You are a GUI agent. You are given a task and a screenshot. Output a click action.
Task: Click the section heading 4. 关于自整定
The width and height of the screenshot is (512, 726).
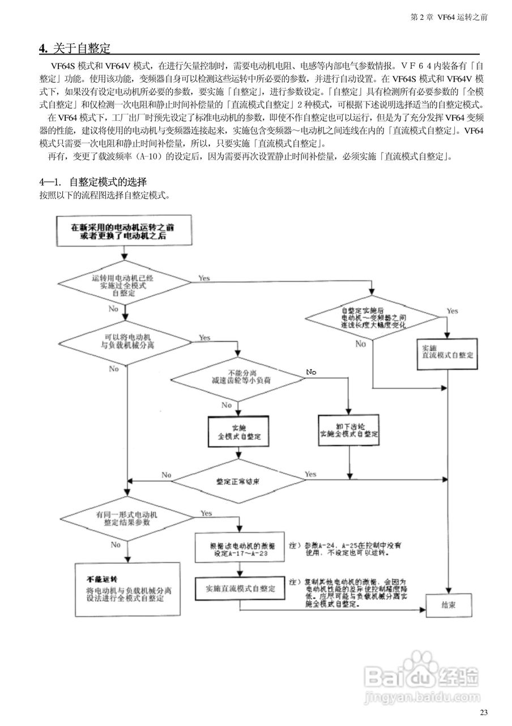tap(74, 48)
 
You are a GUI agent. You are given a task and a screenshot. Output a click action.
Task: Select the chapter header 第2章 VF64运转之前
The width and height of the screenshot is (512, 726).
tap(449, 18)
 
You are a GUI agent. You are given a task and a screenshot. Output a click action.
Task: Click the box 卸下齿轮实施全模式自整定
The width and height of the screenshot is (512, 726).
tap(349, 430)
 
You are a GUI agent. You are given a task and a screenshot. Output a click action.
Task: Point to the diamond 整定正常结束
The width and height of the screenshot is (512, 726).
tap(238, 481)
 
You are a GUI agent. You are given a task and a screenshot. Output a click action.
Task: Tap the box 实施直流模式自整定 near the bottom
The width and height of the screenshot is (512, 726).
tap(240, 589)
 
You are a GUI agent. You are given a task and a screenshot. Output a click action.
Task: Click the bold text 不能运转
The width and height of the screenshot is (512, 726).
tap(101, 579)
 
